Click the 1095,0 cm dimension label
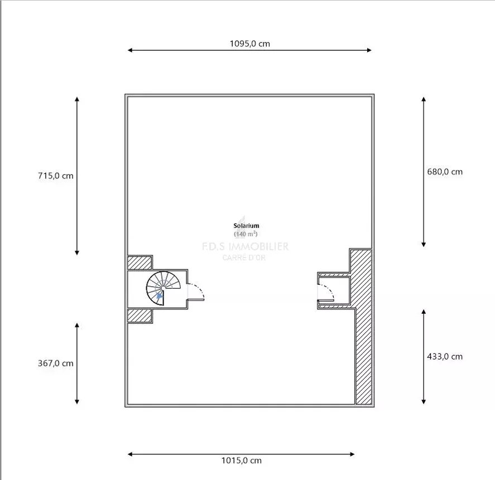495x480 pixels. click(x=249, y=43)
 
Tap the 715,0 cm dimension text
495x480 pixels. click(x=56, y=176)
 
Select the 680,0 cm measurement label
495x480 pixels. click(x=445, y=172)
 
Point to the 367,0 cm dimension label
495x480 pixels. click(x=56, y=363)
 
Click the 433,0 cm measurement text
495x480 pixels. click(x=445, y=356)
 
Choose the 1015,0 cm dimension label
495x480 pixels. click(x=242, y=460)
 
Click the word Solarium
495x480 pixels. click(x=246, y=225)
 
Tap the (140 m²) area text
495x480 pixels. click(x=246, y=234)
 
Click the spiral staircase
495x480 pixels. click(x=163, y=288)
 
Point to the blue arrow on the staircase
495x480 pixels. click(x=160, y=295)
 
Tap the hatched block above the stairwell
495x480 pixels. click(x=140, y=263)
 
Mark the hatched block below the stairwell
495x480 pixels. click(x=140, y=316)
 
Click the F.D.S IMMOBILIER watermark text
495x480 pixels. click(x=246, y=246)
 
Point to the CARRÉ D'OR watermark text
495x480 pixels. click(x=244, y=258)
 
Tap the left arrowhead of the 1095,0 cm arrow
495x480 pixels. click(x=129, y=50)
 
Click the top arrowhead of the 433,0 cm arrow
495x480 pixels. click(x=424, y=312)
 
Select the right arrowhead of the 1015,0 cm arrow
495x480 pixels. click(x=352, y=454)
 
